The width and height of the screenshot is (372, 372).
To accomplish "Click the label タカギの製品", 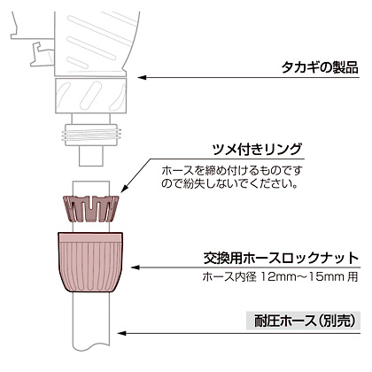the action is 320,67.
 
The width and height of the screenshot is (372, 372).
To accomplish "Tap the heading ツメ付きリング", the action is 257,150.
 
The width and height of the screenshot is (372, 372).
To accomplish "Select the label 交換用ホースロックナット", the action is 281,259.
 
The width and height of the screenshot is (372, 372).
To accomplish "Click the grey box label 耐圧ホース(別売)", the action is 304,321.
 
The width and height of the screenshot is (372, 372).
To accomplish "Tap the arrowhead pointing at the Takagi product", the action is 143,78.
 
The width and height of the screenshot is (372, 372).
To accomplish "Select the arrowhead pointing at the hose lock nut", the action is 136,267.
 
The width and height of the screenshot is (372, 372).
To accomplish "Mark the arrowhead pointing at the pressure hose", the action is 122,333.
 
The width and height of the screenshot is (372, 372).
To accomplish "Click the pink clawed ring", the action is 91,208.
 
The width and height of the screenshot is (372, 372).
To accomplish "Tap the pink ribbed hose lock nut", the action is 90,262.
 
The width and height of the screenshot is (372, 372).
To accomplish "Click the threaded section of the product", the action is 91,135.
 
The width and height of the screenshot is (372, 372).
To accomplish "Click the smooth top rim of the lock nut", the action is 90,237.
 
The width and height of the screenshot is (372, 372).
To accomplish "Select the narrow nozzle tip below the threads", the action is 91,156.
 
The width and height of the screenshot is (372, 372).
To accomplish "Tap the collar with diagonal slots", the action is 90,96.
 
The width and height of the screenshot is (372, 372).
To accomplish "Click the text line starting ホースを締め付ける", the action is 232,171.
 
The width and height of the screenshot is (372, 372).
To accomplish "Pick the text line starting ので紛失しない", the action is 229,183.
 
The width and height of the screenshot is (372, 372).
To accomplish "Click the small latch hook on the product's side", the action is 43,54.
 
